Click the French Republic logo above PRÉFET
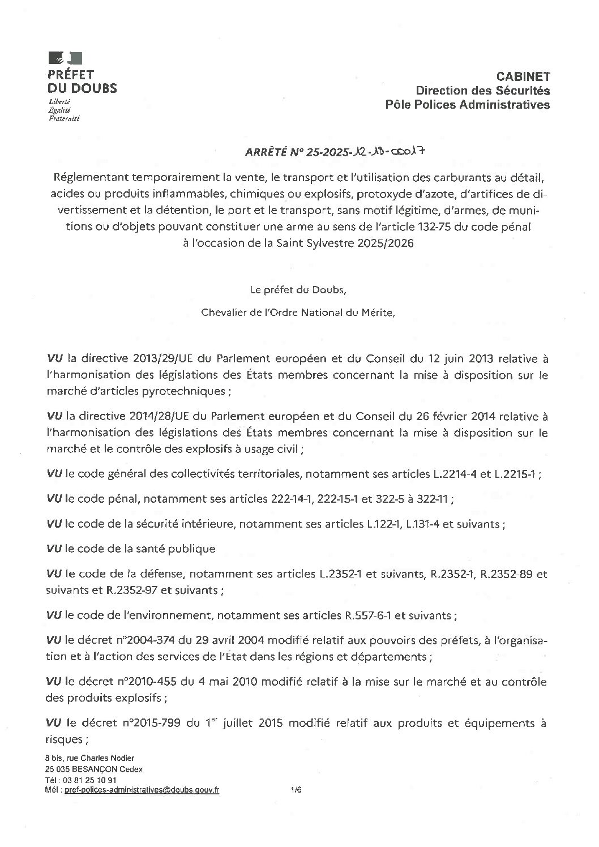(66, 57)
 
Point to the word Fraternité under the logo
(65, 119)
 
